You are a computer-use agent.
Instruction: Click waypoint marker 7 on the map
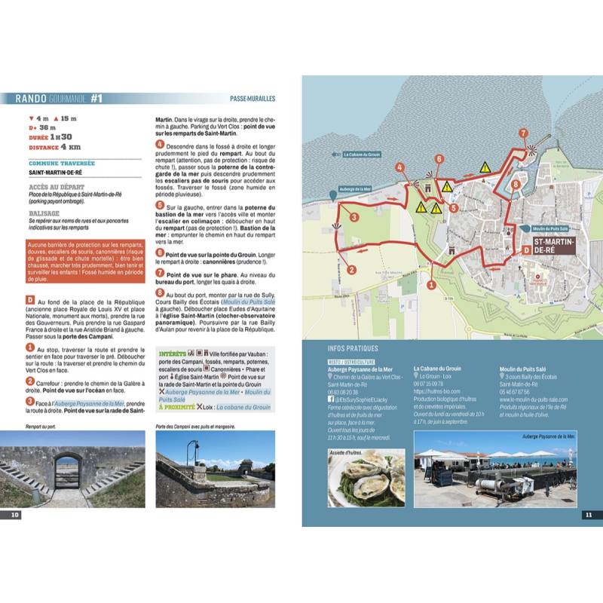(x=523, y=133)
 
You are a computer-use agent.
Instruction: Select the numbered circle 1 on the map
(x=430, y=284)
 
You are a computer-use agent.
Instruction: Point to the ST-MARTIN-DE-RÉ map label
(x=554, y=246)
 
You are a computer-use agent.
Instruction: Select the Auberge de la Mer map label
(x=357, y=189)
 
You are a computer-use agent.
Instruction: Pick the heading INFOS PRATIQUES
(x=354, y=349)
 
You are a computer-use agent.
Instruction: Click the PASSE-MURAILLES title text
(x=253, y=98)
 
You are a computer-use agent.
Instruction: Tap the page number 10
(x=14, y=515)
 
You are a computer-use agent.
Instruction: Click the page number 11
(x=589, y=515)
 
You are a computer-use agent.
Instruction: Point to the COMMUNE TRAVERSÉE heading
(x=62, y=162)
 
